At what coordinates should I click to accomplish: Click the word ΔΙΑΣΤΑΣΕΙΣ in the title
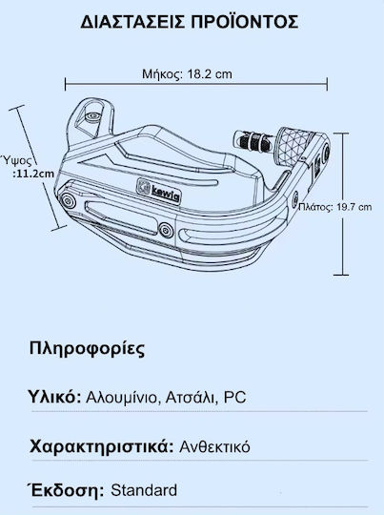pos(132,22)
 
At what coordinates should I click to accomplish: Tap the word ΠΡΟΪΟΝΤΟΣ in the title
pos(245,22)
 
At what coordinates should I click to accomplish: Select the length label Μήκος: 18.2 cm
pos(187,73)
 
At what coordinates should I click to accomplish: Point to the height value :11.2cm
pos(33,173)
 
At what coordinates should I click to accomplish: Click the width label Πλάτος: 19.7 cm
pos(335,207)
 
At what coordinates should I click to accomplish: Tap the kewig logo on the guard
pos(159,192)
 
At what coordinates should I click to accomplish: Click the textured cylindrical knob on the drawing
pos(294,146)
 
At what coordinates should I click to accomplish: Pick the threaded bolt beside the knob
pos(254,139)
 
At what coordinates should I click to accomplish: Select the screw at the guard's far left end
pos(68,200)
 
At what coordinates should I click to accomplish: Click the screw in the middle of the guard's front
pos(165,229)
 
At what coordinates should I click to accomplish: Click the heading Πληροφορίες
pos(87,348)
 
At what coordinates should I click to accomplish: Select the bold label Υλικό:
pos(55,397)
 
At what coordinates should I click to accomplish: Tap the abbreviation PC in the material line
pos(234,398)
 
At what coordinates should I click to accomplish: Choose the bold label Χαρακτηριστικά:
pos(101,447)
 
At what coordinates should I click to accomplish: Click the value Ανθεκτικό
pos(214,447)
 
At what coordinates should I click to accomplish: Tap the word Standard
pos(144,490)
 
